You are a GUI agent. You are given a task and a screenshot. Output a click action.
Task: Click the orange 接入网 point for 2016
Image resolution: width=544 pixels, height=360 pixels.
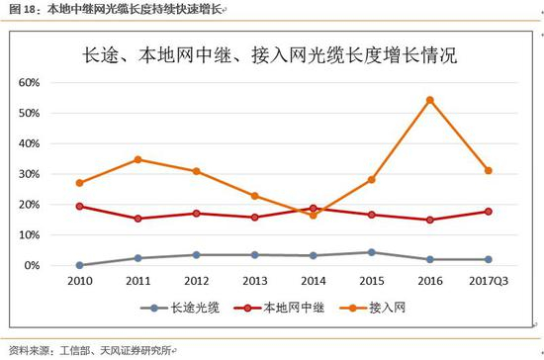pos(429,100)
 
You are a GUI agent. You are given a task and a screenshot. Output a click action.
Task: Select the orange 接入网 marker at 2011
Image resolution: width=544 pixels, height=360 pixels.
pos(137,159)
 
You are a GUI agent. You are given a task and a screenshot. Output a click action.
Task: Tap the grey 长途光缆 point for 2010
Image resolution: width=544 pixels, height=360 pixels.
pos(79,265)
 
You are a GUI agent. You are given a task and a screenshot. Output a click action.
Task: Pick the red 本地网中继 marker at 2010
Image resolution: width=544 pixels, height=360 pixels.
pos(79,206)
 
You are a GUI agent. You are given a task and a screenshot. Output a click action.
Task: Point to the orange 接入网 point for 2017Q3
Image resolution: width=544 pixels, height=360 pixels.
pos(488,170)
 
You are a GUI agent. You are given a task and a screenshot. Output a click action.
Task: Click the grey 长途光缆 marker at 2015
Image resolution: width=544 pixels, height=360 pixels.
pos(371,252)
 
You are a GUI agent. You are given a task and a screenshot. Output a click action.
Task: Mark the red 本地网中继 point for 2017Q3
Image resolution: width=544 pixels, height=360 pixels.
pos(488,211)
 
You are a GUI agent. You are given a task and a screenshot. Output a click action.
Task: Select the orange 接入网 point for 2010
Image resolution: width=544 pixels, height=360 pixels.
pos(79,183)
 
